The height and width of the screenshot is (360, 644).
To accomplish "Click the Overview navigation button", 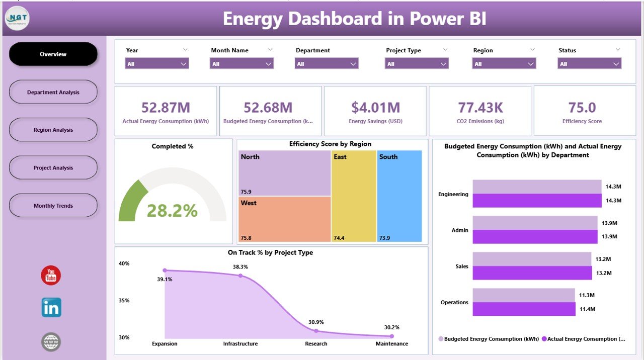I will click(53, 54).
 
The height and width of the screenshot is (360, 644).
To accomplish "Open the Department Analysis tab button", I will click(53, 92).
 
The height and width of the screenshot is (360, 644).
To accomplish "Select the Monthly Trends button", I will click(53, 206).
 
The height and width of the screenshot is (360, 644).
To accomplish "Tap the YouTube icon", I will click(51, 276).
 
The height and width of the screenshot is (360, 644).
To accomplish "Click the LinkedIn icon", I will click(51, 307).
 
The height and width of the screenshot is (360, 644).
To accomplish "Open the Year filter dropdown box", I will click(156, 64).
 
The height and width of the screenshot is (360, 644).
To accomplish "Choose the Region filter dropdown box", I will click(504, 64).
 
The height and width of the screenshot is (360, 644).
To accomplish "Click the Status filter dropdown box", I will click(589, 64).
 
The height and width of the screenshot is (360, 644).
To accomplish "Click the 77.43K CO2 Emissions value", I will click(479, 108).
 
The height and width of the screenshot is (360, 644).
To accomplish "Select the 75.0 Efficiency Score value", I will click(582, 108).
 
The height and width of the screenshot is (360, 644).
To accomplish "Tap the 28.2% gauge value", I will click(172, 211).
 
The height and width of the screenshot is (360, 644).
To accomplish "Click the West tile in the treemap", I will click(284, 219).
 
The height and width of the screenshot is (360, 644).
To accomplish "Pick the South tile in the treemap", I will click(399, 196).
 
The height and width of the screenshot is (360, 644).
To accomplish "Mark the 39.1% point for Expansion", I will click(165, 271).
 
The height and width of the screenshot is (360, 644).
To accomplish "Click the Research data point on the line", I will click(316, 331).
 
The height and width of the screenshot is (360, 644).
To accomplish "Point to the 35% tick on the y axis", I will click(124, 300).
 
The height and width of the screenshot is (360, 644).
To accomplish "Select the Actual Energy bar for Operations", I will click(524, 309).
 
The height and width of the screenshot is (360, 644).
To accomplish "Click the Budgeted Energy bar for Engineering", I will click(537, 187).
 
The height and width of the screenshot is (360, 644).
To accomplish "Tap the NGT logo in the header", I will click(18, 19).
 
